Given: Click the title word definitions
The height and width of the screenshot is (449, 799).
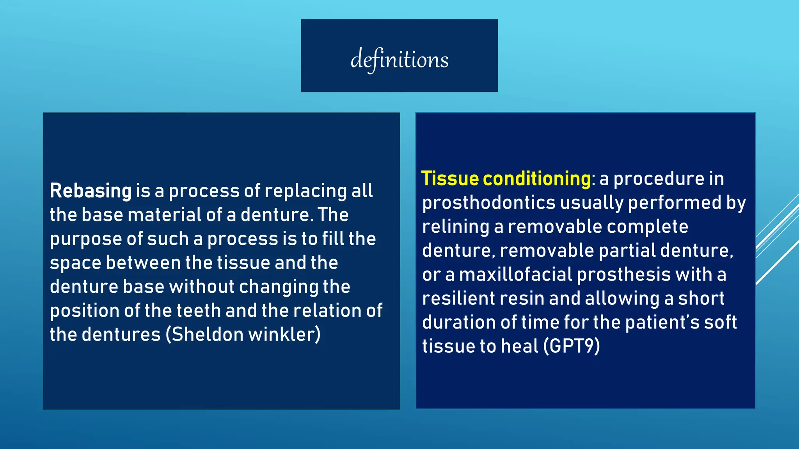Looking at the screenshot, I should [x=399, y=60].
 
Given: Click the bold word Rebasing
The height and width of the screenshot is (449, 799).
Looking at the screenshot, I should [x=91, y=191].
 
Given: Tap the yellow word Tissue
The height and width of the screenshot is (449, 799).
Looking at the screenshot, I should [x=450, y=179].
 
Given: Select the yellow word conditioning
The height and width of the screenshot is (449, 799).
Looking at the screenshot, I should [x=537, y=179].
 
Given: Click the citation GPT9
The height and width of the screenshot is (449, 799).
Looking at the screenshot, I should [x=572, y=346].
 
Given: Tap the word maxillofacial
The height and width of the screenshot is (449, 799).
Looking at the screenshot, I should [x=515, y=274].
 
